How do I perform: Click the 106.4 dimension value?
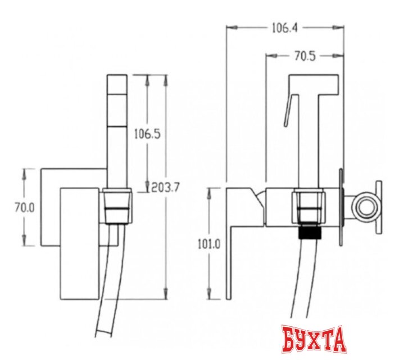285,28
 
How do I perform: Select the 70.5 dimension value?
305,56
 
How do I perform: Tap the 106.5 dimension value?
147,134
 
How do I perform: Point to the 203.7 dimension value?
165,188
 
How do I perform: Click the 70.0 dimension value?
24,208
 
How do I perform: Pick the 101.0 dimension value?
209,245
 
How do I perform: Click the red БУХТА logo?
314,339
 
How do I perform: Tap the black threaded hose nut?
310,231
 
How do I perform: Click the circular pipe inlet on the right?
367,207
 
